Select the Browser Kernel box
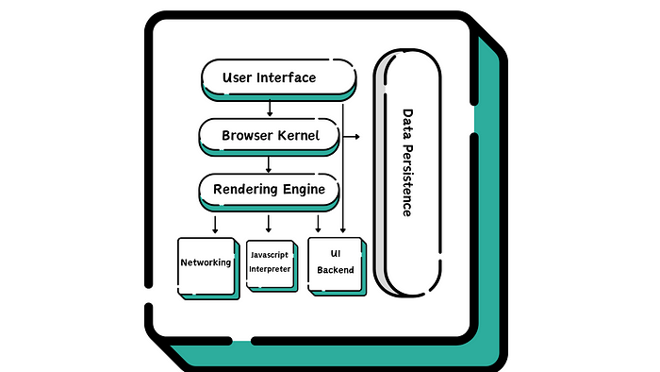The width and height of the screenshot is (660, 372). pyautogui.click(x=269, y=136)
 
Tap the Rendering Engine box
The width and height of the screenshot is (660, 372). pyautogui.click(x=269, y=190)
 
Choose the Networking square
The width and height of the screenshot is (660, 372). pyautogui.click(x=206, y=263)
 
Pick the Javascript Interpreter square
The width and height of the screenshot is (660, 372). pyautogui.click(x=270, y=262)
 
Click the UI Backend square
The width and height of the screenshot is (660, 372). pyautogui.click(x=336, y=262)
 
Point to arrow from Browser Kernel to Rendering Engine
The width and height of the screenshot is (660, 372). pyautogui.click(x=270, y=164)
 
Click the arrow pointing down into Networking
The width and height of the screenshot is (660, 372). pyautogui.click(x=216, y=224)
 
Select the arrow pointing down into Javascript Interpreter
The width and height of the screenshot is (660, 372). pyautogui.click(x=270, y=224)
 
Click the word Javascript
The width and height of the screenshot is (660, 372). pyautogui.click(x=270, y=255)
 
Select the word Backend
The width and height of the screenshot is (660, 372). pyautogui.click(x=336, y=270)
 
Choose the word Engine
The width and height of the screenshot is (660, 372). pyautogui.click(x=305, y=190)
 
